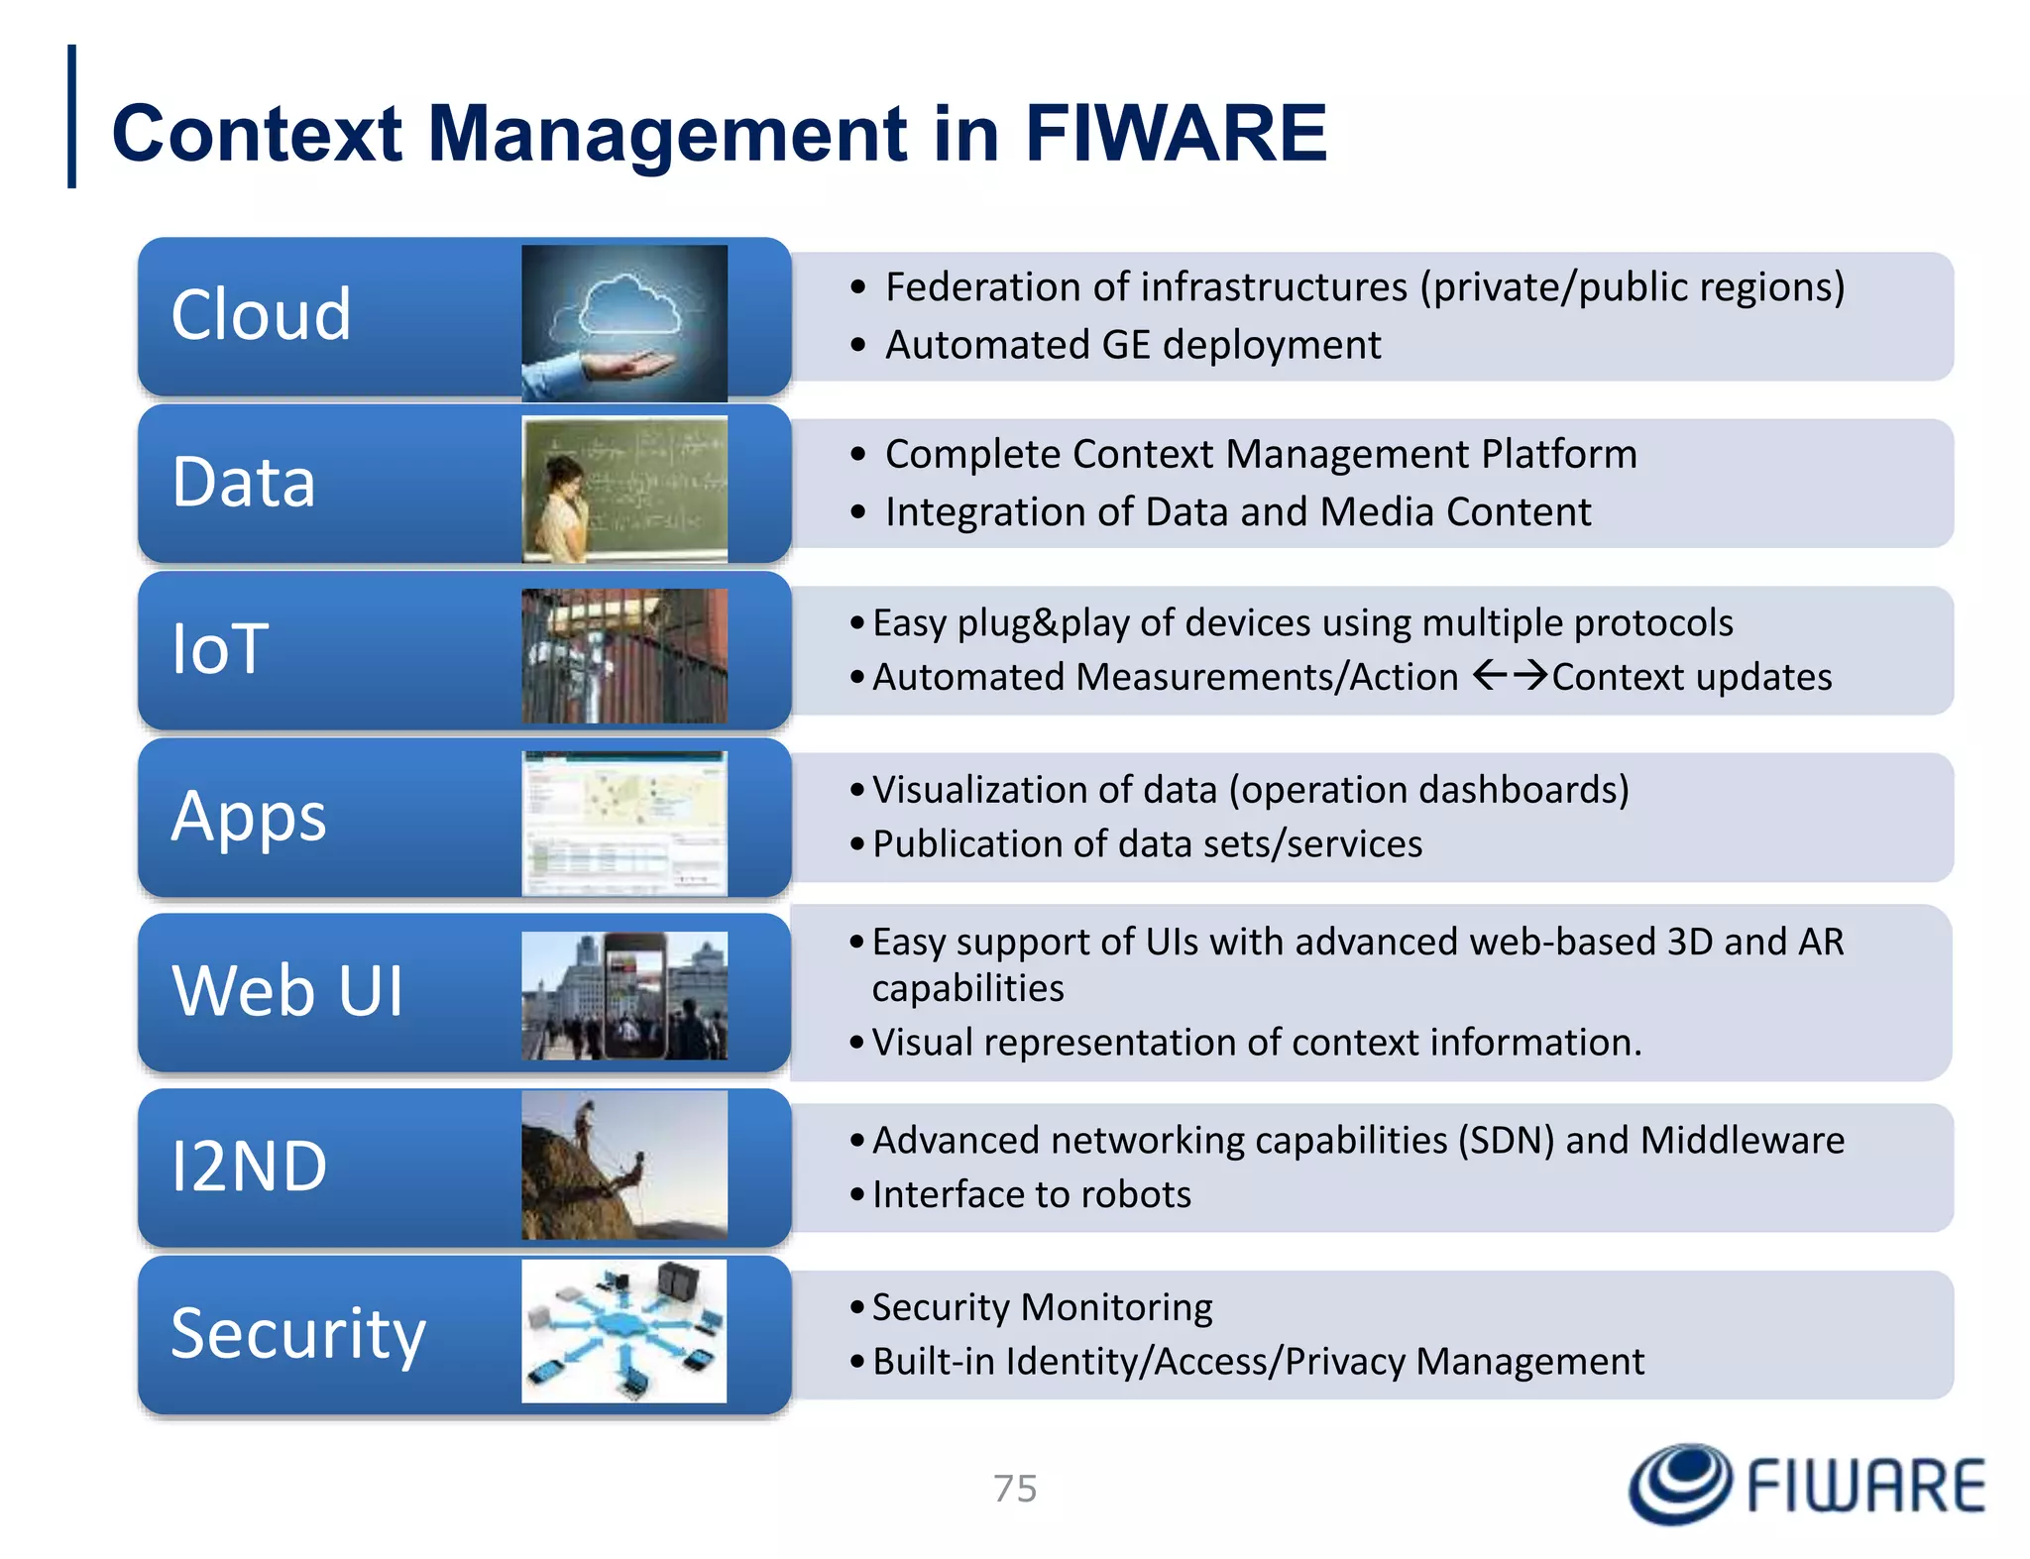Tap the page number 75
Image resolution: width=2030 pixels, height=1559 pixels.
pyautogui.click(x=1015, y=1489)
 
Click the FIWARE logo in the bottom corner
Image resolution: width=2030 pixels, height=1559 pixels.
pyautogui.click(x=1806, y=1484)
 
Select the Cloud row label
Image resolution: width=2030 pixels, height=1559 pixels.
pyautogui.click(x=261, y=315)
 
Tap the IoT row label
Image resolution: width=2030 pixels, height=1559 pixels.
pyautogui.click(x=220, y=649)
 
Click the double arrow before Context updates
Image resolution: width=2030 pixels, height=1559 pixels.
pyautogui.click(x=1510, y=676)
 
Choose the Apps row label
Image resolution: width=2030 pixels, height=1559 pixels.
pyautogui.click(x=249, y=817)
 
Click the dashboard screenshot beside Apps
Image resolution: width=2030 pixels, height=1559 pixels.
pyautogui.click(x=624, y=823)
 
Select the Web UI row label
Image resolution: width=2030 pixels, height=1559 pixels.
pyautogui.click(x=287, y=990)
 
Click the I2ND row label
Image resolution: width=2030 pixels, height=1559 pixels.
pyautogui.click(x=249, y=1166)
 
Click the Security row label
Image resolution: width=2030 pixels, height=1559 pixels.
pyautogui.click(x=298, y=1334)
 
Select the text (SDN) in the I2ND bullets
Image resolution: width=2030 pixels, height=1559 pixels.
pyautogui.click(x=1506, y=1140)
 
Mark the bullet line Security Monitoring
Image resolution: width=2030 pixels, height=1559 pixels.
pyautogui.click(x=1042, y=1307)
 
